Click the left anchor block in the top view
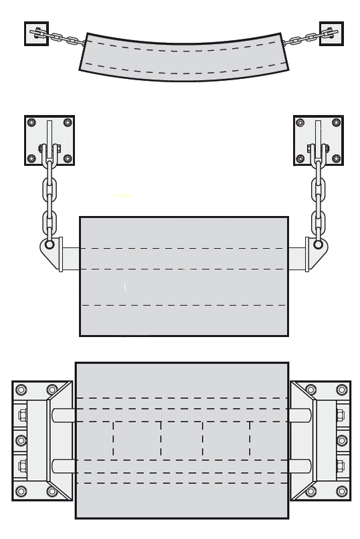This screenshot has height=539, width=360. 36,33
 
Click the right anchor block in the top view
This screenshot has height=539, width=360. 331,33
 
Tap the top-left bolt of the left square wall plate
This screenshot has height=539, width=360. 31,123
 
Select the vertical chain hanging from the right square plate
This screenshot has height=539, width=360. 319,201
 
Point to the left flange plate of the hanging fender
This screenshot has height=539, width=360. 61,255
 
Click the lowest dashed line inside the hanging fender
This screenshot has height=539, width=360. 184,305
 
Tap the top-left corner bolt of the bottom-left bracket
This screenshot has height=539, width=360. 21,389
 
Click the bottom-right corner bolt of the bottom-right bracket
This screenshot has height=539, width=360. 342,492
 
